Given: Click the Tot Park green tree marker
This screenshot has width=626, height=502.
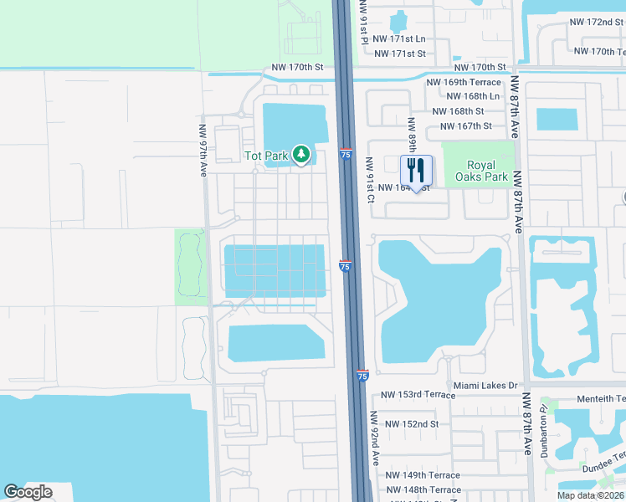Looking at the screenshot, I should [x=302, y=155].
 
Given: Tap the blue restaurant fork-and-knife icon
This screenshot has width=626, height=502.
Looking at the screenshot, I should [x=416, y=171].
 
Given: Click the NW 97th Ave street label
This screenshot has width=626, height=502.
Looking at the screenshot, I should [x=203, y=150].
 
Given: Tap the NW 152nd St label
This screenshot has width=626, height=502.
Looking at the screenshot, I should [x=409, y=424].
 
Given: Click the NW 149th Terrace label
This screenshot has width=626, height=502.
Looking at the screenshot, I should [x=423, y=475].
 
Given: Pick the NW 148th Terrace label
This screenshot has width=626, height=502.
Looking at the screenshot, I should [x=423, y=489].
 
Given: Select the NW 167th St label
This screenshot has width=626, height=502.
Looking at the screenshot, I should [x=459, y=126].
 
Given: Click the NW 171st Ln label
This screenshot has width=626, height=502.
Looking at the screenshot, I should [x=399, y=39].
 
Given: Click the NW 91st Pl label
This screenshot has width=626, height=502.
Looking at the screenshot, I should [x=364, y=21].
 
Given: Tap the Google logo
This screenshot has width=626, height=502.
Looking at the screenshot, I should [x=28, y=492].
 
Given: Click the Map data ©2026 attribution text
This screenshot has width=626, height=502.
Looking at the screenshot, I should [x=589, y=495].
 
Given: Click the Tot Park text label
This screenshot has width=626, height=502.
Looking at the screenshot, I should [x=266, y=156].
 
